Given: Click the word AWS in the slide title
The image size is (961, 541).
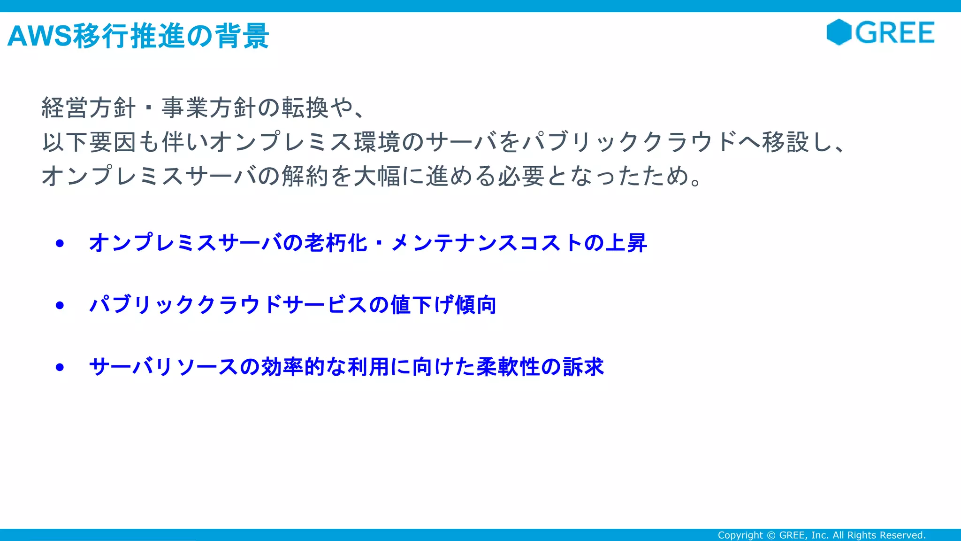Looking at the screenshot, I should point(40,36).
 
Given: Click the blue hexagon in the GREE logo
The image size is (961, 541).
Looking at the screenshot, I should point(839,32).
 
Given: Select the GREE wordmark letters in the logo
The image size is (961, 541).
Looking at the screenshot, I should point(895,33).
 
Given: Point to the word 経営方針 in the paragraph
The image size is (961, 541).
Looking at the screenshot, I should point(88,108).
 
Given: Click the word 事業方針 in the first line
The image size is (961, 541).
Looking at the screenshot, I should point(209,108).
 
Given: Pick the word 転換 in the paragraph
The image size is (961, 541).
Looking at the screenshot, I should point(305,108).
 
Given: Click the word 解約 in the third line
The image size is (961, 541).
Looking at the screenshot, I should point(305,176).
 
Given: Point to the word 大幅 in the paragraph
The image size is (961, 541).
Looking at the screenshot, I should point(377,176).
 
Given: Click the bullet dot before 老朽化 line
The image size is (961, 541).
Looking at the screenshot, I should point(60,243).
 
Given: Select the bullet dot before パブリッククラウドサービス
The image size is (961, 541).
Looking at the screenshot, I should point(60,305).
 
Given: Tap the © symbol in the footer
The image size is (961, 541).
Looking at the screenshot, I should point(771,535).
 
